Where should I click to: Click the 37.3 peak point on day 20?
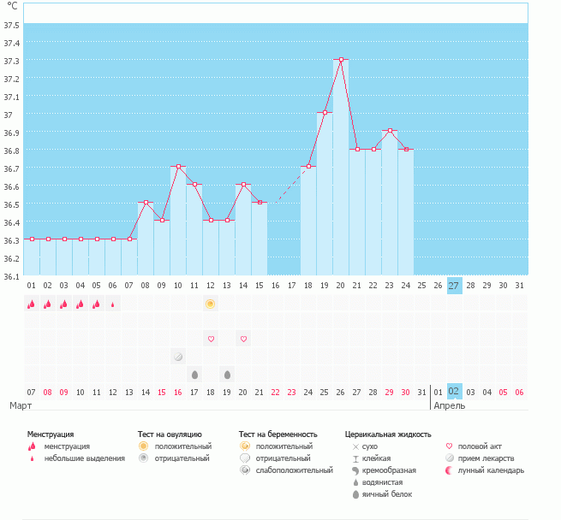click(x=341, y=60)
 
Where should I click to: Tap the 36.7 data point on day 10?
click(x=178, y=167)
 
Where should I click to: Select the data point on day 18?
click(x=308, y=167)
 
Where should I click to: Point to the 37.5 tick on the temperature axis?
click(x=11, y=25)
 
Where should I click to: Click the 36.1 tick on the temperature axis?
click(x=11, y=276)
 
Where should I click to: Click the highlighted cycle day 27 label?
click(x=454, y=286)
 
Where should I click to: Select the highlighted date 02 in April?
click(x=454, y=392)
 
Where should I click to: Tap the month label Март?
click(x=21, y=405)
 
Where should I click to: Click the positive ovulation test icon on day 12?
click(x=211, y=304)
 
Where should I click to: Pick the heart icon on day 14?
click(x=243, y=340)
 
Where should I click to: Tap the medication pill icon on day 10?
click(x=178, y=357)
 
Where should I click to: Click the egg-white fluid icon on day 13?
click(x=227, y=375)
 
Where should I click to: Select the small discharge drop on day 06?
click(x=113, y=304)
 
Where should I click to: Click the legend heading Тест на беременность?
click(x=278, y=434)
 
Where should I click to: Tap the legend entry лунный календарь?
click(x=491, y=470)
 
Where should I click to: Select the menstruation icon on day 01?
click(x=31, y=304)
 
